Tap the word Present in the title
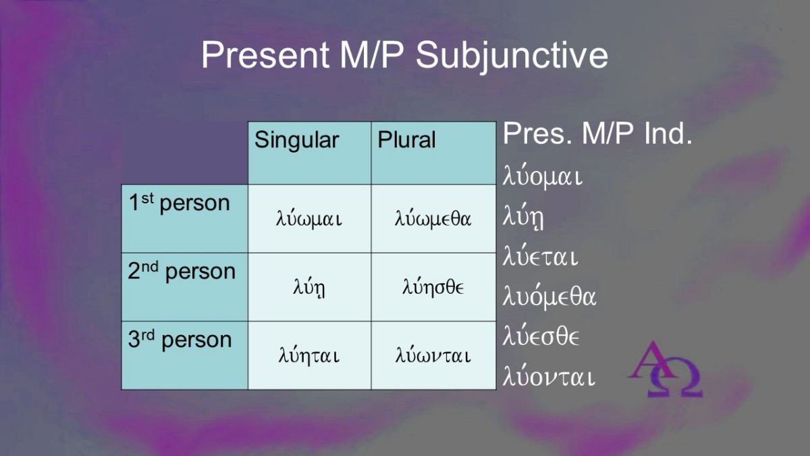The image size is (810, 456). click(265, 55)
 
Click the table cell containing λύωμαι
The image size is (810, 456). click(309, 219)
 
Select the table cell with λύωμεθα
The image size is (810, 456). click(433, 219)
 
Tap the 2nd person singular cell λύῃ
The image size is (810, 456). click(309, 287)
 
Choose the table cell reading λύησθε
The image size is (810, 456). click(433, 287)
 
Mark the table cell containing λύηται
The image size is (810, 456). click(309, 355)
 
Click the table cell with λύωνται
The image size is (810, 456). click(433, 355)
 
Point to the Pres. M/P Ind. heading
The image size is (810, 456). click(597, 134)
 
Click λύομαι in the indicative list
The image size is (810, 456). click(543, 176)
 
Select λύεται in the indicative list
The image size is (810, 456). click(540, 255)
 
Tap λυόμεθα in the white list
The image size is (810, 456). click(549, 296)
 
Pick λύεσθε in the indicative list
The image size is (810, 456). click(541, 336)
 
